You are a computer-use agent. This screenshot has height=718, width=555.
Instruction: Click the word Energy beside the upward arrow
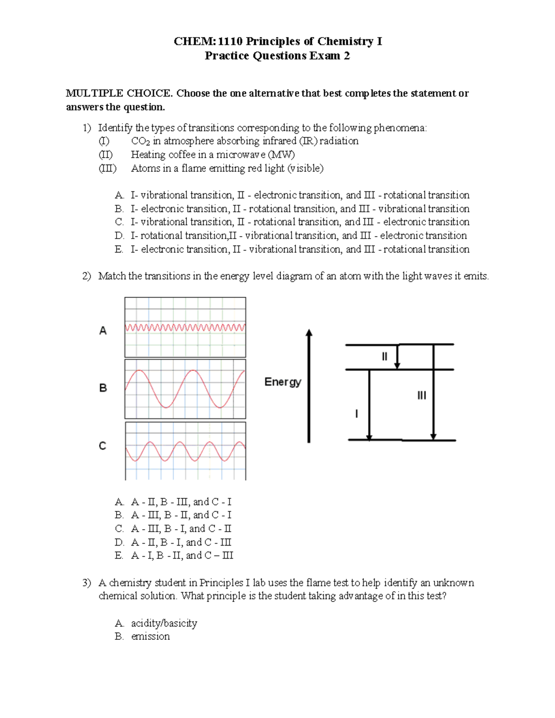(x=283, y=382)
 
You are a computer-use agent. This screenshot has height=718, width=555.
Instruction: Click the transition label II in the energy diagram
(x=384, y=356)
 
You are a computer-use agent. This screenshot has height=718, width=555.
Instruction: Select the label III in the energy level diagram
(x=421, y=395)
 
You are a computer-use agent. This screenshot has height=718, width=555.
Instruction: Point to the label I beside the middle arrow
(x=356, y=414)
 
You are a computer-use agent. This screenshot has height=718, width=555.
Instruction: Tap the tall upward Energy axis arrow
(x=309, y=386)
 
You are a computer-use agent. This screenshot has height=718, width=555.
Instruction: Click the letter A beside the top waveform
(x=103, y=331)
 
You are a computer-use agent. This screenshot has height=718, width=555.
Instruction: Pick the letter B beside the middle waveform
(x=103, y=388)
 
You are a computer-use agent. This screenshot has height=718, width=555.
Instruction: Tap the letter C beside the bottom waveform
(x=103, y=446)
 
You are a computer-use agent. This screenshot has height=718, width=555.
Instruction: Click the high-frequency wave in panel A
(x=185, y=327)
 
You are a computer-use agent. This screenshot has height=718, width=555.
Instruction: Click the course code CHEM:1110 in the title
(x=208, y=42)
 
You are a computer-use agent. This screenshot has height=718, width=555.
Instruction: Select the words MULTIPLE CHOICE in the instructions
(x=119, y=93)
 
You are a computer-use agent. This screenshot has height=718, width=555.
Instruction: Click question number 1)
(x=87, y=128)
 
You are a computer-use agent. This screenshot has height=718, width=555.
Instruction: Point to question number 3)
(x=87, y=583)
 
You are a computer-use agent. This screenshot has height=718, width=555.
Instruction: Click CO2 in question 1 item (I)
(x=140, y=141)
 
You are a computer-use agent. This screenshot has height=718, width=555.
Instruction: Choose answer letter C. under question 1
(x=119, y=222)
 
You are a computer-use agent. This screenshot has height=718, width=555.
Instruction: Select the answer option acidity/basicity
(x=164, y=623)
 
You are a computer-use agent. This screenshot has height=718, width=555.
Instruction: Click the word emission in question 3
(x=150, y=637)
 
